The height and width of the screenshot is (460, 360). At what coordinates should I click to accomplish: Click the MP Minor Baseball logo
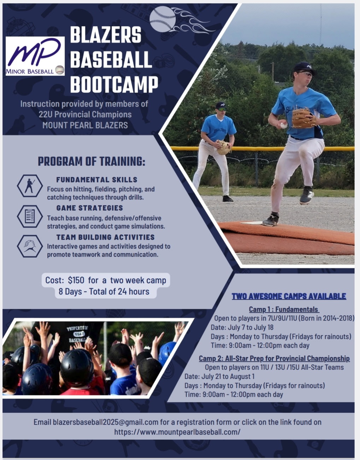click(x=35, y=56)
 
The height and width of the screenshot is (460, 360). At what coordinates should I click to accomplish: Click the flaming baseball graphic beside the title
click(x=182, y=20)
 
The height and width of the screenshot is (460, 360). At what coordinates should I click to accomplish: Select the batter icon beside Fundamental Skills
click(x=30, y=186)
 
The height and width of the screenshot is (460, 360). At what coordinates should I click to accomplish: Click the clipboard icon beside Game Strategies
click(x=30, y=216)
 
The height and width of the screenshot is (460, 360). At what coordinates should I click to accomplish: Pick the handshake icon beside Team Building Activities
click(x=30, y=246)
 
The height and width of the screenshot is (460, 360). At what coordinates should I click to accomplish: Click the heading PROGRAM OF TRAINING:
click(x=92, y=162)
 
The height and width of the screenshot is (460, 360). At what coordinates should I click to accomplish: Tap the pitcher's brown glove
click(x=304, y=118)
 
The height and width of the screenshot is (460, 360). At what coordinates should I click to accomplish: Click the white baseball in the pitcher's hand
click(x=284, y=125)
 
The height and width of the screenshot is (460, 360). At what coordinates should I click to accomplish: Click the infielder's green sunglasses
click(x=222, y=109)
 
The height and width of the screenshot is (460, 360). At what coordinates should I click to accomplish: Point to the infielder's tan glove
click(x=224, y=148)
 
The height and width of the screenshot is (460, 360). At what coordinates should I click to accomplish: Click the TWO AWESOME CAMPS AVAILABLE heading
click(x=289, y=296)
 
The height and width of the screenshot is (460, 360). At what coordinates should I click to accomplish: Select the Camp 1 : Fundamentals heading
click(x=284, y=309)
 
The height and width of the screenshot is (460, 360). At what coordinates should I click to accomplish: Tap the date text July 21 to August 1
click(x=228, y=376)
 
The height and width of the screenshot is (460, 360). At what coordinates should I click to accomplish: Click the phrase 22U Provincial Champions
click(x=85, y=114)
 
